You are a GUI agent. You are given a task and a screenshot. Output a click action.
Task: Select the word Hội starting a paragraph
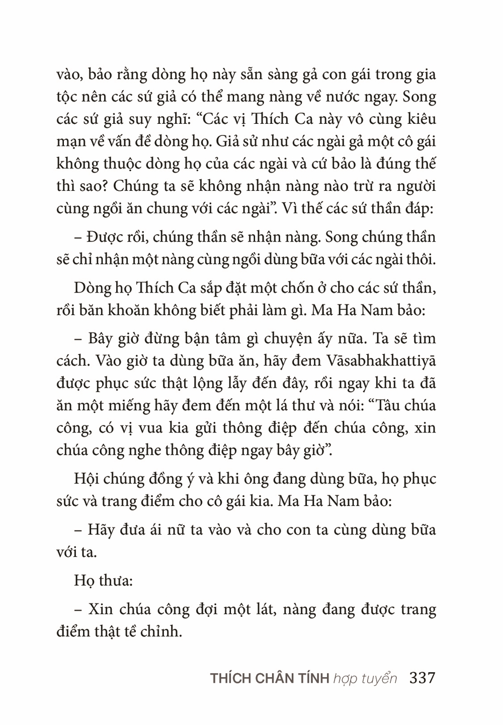click(88, 478)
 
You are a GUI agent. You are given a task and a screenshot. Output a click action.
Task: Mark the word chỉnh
click(164, 632)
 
